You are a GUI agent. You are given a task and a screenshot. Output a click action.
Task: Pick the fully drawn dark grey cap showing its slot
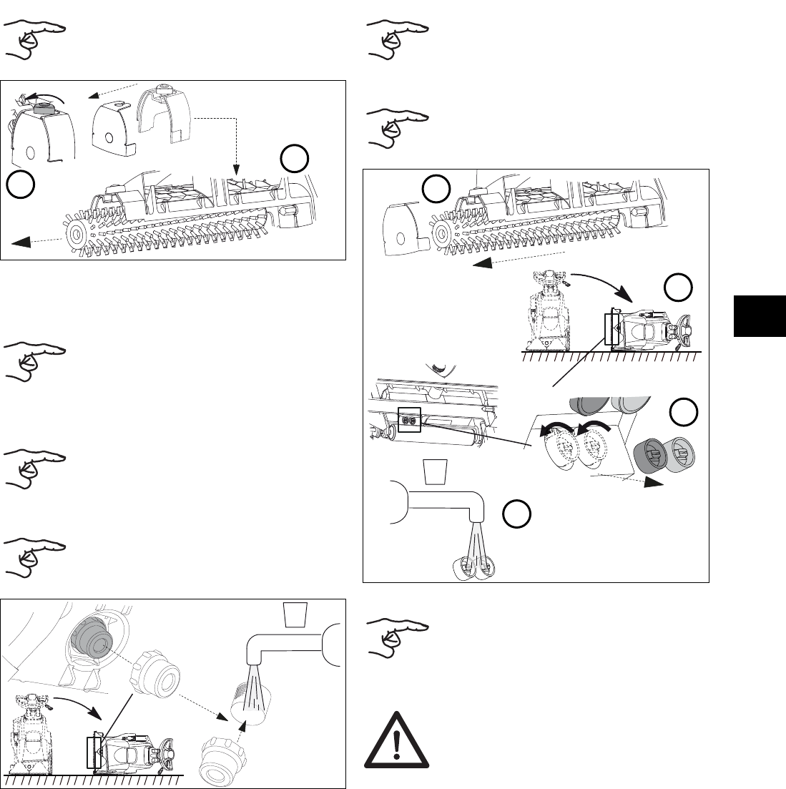point(649,456)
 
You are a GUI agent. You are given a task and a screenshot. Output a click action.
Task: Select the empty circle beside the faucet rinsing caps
point(516,516)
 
